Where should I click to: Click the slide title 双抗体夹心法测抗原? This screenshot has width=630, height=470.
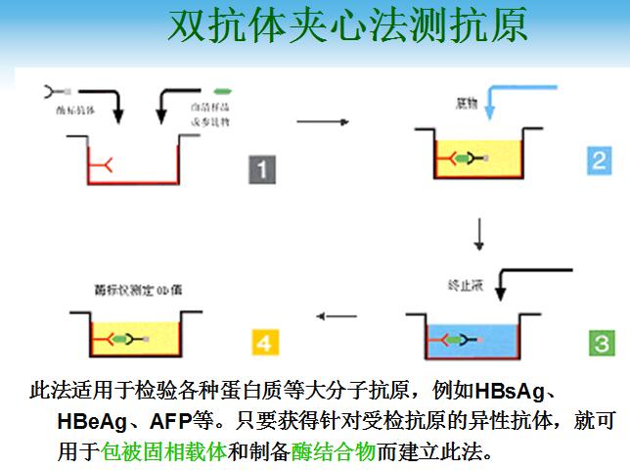click(347, 26)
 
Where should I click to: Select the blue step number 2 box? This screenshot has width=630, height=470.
click(599, 159)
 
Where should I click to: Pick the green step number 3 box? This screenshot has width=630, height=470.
click(599, 342)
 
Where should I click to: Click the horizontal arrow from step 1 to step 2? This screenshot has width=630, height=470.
click(324, 121)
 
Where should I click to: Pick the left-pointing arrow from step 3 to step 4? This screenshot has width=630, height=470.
click(336, 316)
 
